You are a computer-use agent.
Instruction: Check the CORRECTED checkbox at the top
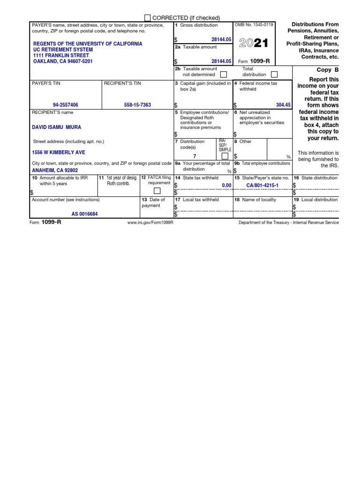[148, 18]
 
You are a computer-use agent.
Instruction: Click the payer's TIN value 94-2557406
[66, 105]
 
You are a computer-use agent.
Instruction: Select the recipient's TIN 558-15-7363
[137, 105]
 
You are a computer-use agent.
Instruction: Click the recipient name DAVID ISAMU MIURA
[56, 127]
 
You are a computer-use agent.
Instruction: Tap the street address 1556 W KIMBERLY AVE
[59, 152]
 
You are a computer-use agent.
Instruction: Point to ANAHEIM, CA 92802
[55, 171]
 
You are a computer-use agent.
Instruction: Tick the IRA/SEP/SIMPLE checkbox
[225, 156]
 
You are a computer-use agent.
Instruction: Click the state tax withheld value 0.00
[226, 186]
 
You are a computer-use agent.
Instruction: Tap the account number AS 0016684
[85, 214]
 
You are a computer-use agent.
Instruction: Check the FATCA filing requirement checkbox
[157, 191]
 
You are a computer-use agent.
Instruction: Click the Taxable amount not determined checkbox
[224, 74]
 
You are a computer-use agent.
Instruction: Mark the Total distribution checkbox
[274, 74]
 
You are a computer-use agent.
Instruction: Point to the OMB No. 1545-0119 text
[255, 25]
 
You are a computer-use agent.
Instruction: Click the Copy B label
[327, 70]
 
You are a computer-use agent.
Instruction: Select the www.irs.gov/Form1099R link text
[150, 223]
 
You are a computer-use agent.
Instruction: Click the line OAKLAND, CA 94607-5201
[63, 61]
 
